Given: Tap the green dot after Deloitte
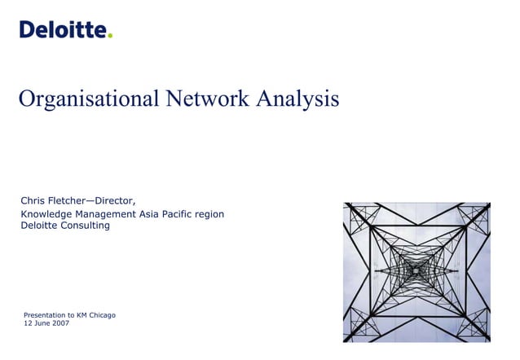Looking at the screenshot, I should [110, 35].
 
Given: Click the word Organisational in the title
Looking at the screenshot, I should [90, 99].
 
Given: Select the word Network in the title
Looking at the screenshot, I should [207, 99].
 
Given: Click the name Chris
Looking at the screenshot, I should [33, 200].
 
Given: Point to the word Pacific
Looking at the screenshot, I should [192, 214].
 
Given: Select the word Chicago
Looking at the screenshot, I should [102, 314].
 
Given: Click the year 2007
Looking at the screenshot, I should [59, 323].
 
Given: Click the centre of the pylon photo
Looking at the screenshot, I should [416, 271].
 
